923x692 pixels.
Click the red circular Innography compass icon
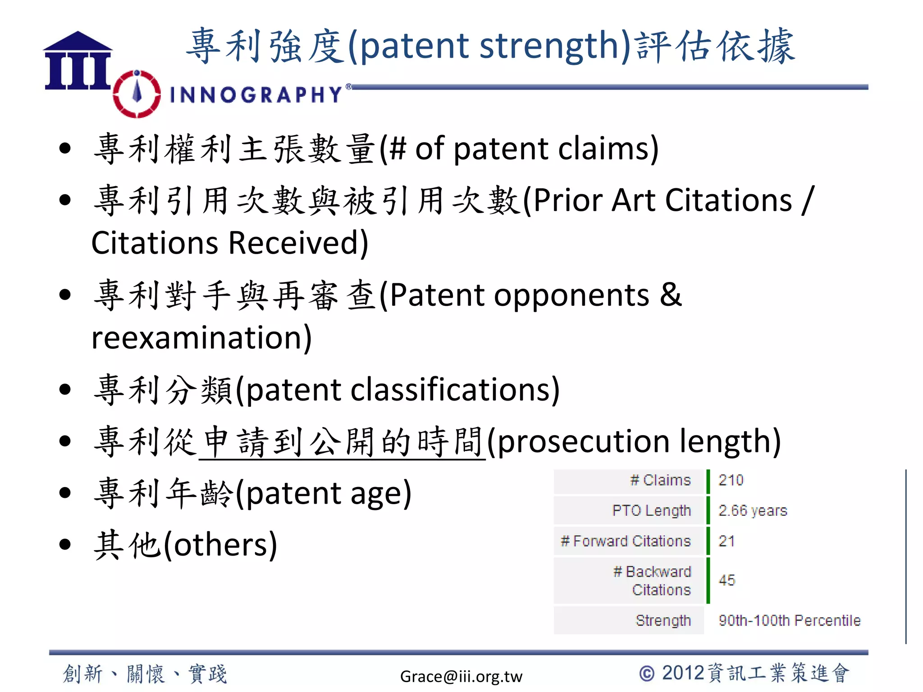[x=137, y=94]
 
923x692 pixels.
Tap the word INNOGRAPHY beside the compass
[x=256, y=95]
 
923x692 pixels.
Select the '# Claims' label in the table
[x=660, y=480]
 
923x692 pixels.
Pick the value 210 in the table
[x=731, y=480]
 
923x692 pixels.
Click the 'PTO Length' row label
[x=651, y=510]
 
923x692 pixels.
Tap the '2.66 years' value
[x=753, y=510]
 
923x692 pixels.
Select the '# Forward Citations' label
[x=626, y=541]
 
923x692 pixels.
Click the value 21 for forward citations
[x=727, y=541]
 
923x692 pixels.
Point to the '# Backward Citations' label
[x=652, y=580]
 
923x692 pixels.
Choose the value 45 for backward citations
[x=727, y=580]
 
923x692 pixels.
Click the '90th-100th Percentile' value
[x=790, y=620]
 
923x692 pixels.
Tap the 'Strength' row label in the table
[x=663, y=620]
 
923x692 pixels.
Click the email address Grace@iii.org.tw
[x=461, y=676]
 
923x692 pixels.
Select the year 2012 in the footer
[x=683, y=673]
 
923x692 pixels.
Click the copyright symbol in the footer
[x=647, y=674]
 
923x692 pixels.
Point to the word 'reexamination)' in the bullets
[x=201, y=337]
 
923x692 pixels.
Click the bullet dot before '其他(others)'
[x=65, y=544]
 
